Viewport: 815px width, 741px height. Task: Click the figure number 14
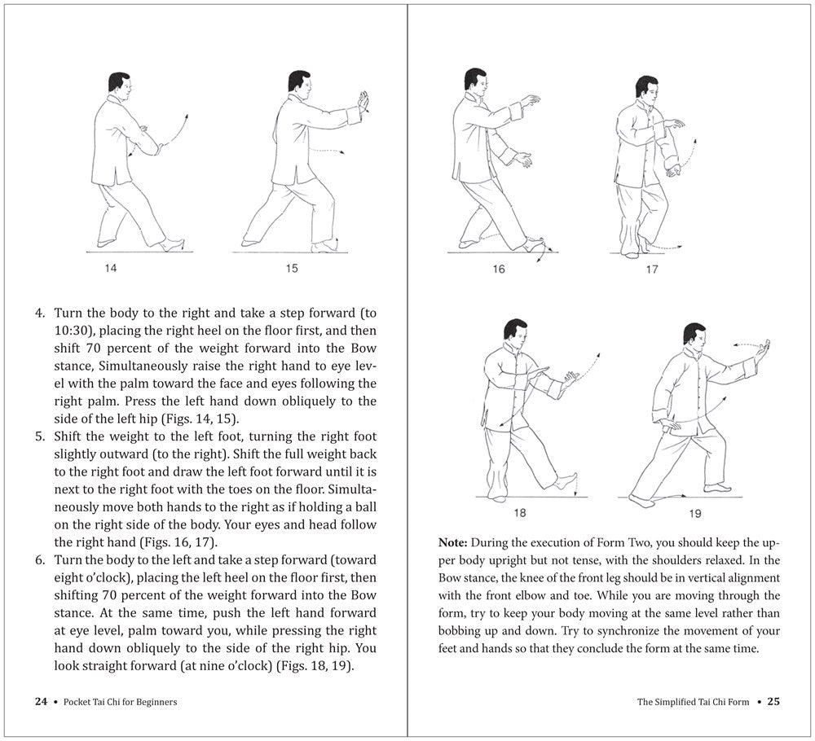coord(110,268)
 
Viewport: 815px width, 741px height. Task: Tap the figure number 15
coord(292,268)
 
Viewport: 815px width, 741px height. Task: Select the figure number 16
coord(499,270)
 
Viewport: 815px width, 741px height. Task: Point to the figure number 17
coord(651,270)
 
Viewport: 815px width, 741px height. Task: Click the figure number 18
coord(520,513)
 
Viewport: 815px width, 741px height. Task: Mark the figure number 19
coord(694,513)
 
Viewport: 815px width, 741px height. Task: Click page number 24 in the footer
coord(40,701)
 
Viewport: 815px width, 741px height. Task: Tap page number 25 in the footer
coord(773,701)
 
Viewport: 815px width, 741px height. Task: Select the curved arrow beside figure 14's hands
coord(178,130)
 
